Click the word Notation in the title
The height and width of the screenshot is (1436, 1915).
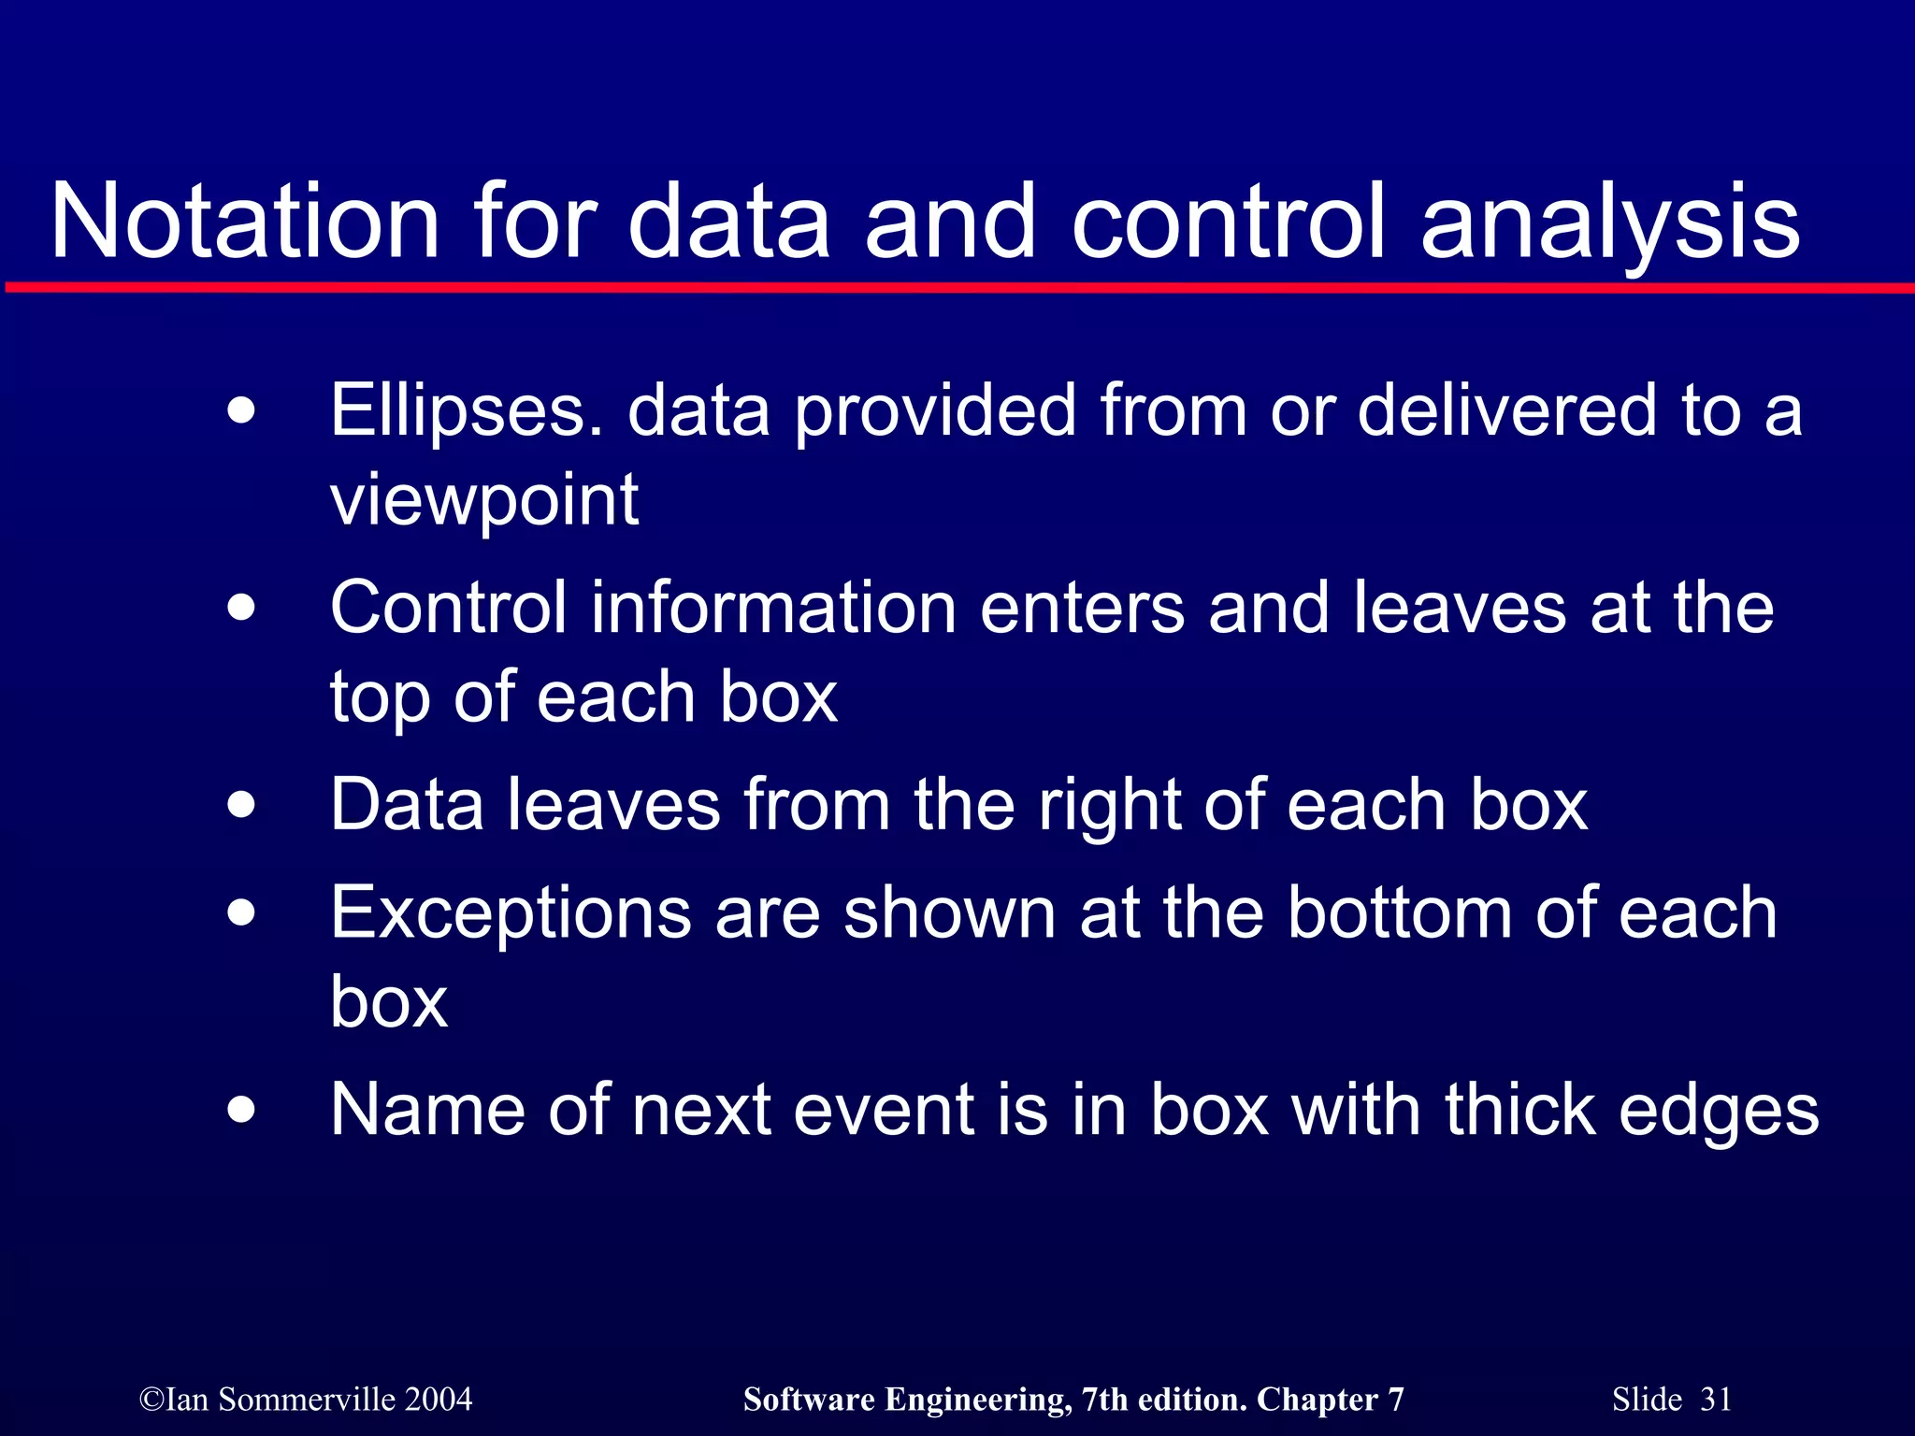[245, 222]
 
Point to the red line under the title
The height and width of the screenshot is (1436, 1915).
[957, 288]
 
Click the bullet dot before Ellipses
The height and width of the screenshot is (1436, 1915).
[241, 411]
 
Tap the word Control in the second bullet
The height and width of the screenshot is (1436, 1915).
[448, 608]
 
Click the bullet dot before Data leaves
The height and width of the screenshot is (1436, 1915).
[241, 805]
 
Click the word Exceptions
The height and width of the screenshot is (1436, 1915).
[511, 913]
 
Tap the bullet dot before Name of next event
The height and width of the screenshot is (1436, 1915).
[241, 1110]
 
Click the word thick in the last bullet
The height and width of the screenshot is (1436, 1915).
[1519, 1110]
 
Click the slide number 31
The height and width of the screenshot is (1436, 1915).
[1716, 1400]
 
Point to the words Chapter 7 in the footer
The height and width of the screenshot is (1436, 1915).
[1330, 1400]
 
